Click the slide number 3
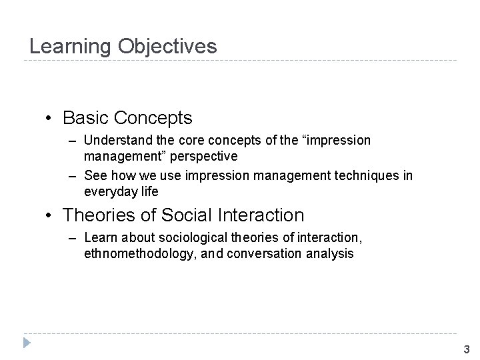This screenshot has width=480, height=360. click(466, 349)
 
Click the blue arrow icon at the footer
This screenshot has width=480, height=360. click(26, 344)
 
